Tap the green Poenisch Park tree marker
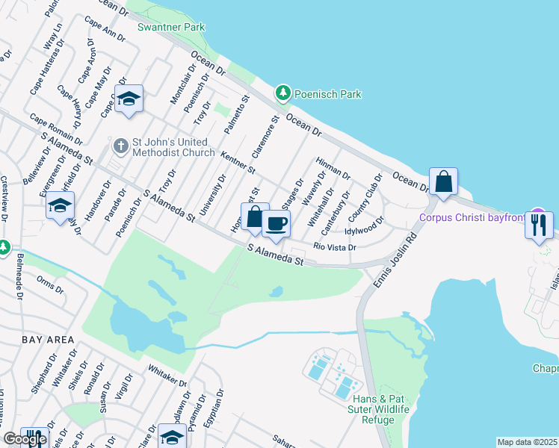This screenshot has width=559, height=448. pos(282,93)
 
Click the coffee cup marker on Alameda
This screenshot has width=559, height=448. pos(276,223)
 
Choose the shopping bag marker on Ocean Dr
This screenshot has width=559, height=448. pos(443,181)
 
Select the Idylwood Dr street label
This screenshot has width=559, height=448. pos(364,221)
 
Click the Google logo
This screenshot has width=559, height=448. pos(24,439)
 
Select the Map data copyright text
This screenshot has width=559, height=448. pos(526,442)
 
